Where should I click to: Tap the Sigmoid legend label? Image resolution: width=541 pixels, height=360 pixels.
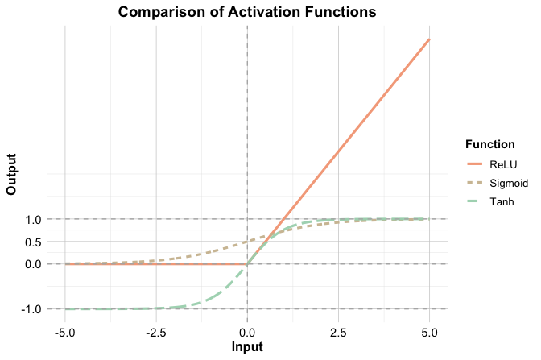(508, 183)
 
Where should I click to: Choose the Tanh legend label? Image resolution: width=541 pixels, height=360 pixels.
(502, 201)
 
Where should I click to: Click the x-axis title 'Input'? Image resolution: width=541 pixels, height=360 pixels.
(247, 348)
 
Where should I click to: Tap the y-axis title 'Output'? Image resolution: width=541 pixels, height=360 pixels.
(11, 174)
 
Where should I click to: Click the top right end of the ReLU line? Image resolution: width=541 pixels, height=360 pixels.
(429, 39)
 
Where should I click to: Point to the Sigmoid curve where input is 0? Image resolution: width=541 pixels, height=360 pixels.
(247, 242)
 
